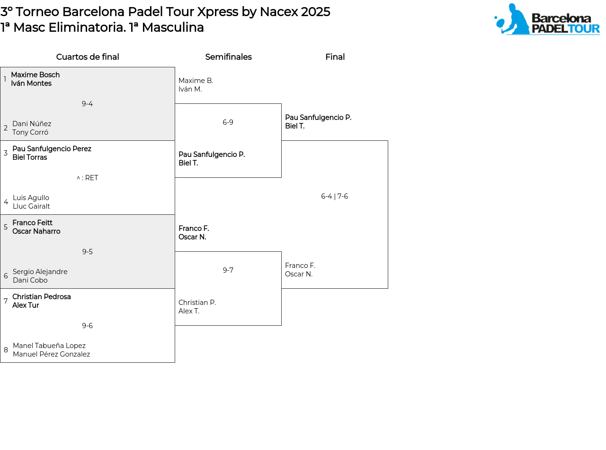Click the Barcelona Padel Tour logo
[x=547, y=19]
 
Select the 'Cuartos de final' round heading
[x=88, y=56]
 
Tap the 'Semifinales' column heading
[x=228, y=56]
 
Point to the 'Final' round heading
[x=335, y=56]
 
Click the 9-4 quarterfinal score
[x=87, y=104]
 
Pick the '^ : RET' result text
[x=87, y=178]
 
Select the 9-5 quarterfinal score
[x=88, y=251]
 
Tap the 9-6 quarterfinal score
[x=88, y=325]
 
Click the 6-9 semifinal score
[x=228, y=122]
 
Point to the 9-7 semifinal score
[x=228, y=270]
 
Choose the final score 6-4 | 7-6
[x=334, y=196]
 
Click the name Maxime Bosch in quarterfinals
[x=35, y=75]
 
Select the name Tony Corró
[x=30, y=132]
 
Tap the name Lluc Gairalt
[x=31, y=206]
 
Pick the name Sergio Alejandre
[x=40, y=272]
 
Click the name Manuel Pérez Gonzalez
[x=51, y=354]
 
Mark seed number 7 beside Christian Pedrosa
[x=6, y=301]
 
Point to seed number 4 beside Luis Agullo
[x=6, y=202]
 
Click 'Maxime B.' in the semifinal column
[x=196, y=81]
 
